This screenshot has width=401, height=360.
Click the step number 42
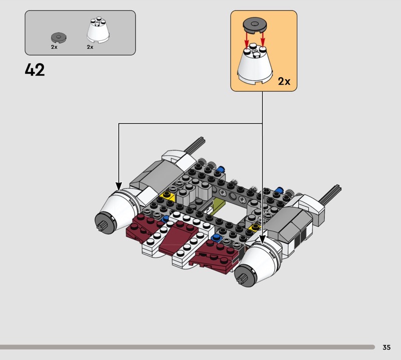pyautogui.click(x=35, y=70)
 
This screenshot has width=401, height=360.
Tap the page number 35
pyautogui.click(x=386, y=347)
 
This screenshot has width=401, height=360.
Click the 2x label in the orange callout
pyautogui.click(x=284, y=81)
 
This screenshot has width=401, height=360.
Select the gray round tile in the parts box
pyautogui.click(x=59, y=38)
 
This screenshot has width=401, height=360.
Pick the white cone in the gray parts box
pyautogui.click(x=98, y=30)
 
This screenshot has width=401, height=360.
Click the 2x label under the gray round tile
pyautogui.click(x=54, y=47)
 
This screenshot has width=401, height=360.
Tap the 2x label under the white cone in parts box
pyautogui.click(x=90, y=47)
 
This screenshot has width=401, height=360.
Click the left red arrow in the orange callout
pyautogui.click(x=247, y=41)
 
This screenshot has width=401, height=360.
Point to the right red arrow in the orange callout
pyautogui.click(x=263, y=40)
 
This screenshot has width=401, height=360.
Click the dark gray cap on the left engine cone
pyautogui.click(x=105, y=223)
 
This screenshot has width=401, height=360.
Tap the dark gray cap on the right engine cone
pyautogui.click(x=245, y=276)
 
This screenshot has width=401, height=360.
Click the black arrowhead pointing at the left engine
pyautogui.click(x=119, y=187)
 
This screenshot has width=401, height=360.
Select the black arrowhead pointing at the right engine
pyautogui.click(x=262, y=239)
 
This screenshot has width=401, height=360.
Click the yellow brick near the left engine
pyautogui.click(x=167, y=196)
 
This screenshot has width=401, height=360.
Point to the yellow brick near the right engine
pyautogui.click(x=255, y=227)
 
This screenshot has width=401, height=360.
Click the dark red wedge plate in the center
pyautogui.click(x=178, y=237)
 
